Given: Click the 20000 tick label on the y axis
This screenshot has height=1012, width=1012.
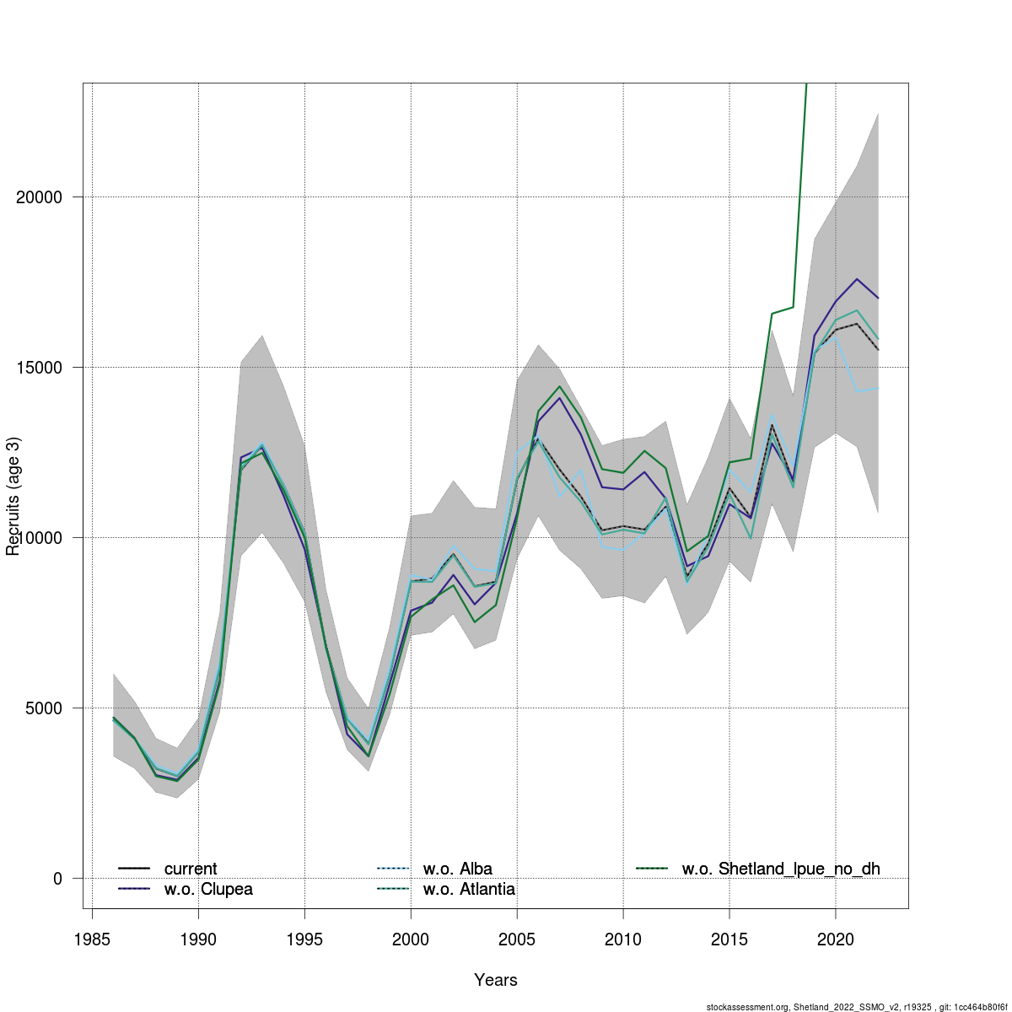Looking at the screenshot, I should tap(40, 197).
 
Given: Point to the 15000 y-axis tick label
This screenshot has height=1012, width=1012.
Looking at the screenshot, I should tap(40, 368).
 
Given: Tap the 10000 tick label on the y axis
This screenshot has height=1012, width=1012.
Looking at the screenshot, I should tap(40, 538).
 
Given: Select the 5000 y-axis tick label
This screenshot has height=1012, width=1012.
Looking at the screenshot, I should tap(46, 708).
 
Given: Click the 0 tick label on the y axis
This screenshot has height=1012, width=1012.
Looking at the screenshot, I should tap(57, 879).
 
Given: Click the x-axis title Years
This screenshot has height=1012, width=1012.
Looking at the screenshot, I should tap(496, 980).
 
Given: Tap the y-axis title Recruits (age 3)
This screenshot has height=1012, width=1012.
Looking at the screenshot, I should tap(13, 496).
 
